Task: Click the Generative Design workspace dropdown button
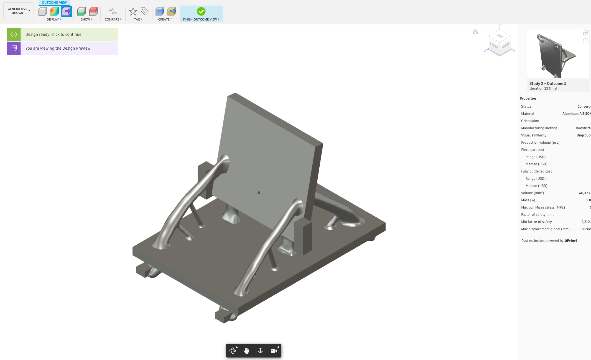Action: tap(19, 11)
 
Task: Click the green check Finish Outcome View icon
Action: tap(201, 11)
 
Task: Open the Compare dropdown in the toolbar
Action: tap(113, 19)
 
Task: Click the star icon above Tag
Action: tap(133, 11)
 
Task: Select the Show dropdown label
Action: tap(86, 19)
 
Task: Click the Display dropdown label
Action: tap(54, 19)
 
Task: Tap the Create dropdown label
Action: tap(165, 19)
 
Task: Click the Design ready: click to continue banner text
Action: tap(54, 34)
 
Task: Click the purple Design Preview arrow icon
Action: tap(14, 48)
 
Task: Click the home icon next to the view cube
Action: tap(475, 31)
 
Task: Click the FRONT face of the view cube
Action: tap(494, 45)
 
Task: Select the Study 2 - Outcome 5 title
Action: tap(548, 83)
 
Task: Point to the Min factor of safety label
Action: tap(536, 222)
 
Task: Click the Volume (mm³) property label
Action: tap(532, 193)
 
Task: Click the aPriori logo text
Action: tap(570, 240)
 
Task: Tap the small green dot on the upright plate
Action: tap(259, 192)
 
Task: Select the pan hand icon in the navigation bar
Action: tap(246, 351)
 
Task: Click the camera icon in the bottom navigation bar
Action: tap(274, 351)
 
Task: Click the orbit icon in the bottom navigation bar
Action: tap(233, 351)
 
